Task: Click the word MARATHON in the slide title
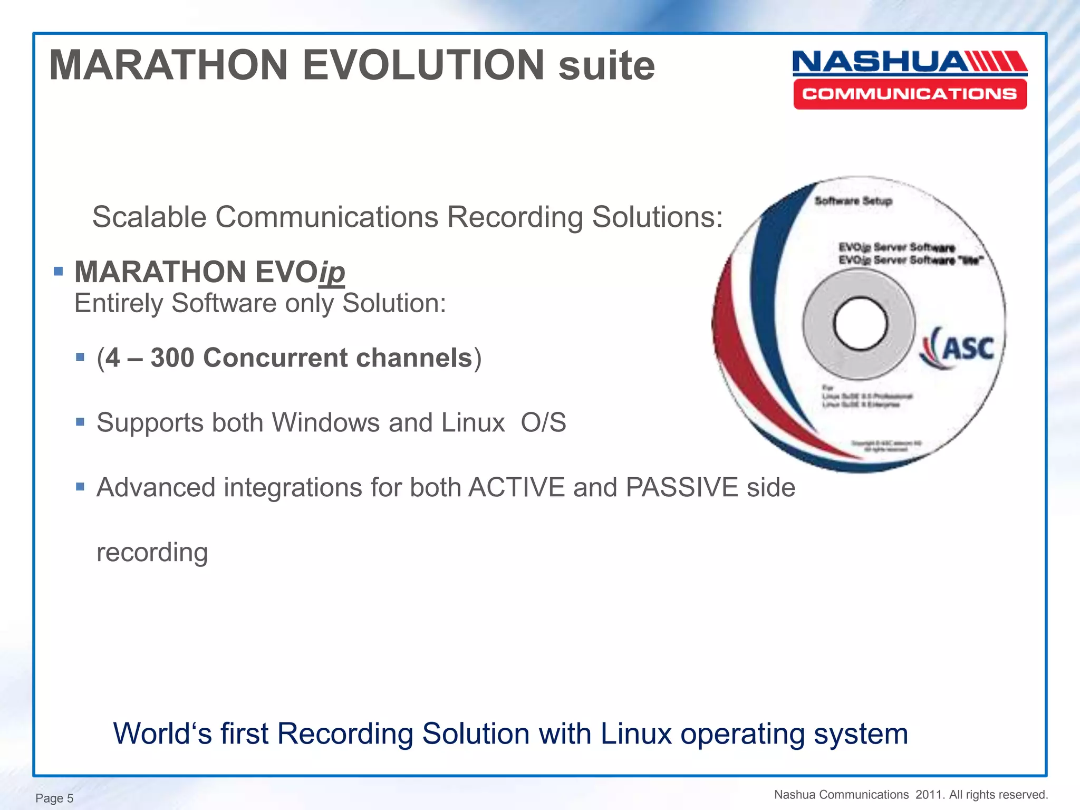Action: point(168,65)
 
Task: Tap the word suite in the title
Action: point(606,66)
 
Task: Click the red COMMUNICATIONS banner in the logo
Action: point(910,94)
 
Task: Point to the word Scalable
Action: point(149,217)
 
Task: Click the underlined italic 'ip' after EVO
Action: point(332,273)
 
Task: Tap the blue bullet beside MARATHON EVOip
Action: point(59,272)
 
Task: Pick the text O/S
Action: point(543,423)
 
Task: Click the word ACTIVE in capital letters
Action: point(516,488)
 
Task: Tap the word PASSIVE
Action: point(681,488)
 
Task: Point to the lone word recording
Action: point(152,553)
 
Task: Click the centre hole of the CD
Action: point(860,323)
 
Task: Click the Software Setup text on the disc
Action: point(853,201)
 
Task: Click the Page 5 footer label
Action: point(54,798)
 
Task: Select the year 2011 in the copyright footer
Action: point(929,795)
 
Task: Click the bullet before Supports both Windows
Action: point(80,422)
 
